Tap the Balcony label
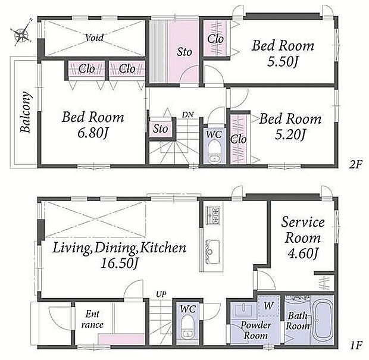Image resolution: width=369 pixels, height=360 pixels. pyautogui.click(x=26, y=112)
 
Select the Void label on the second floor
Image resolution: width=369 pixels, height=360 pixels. pyautogui.click(x=95, y=37)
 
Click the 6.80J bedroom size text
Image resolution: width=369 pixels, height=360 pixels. pyautogui.click(x=92, y=133)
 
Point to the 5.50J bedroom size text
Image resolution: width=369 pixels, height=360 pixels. pyautogui.click(x=283, y=62)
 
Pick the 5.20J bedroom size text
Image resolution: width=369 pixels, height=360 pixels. pyautogui.click(x=290, y=134)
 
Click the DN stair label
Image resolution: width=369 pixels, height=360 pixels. pyautogui.click(x=188, y=115)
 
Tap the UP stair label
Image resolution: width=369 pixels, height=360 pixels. pyautogui.click(x=161, y=294)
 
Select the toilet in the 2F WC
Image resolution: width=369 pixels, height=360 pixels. pyautogui.click(x=214, y=151)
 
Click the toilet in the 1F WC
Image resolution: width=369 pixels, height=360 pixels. pyautogui.click(x=187, y=327)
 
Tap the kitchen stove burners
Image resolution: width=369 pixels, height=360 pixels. pyautogui.click(x=213, y=215)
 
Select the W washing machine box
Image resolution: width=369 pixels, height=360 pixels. pyautogui.click(x=268, y=306)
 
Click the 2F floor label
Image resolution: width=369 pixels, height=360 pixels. pyautogui.click(x=355, y=164)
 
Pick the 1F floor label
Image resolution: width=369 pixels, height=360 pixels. pyautogui.click(x=355, y=346)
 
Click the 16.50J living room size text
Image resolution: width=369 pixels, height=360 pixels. pyautogui.click(x=119, y=264)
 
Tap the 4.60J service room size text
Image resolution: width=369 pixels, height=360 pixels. pyautogui.click(x=303, y=253)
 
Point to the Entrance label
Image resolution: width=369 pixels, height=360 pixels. pyautogui.click(x=92, y=320)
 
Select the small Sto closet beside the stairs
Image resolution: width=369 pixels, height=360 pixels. pyautogui.click(x=161, y=129)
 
